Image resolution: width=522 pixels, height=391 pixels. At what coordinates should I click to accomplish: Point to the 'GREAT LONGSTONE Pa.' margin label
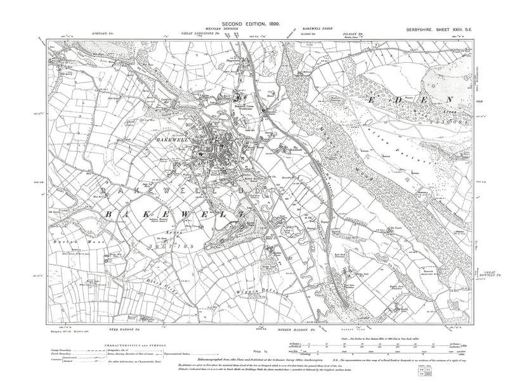[204, 32]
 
